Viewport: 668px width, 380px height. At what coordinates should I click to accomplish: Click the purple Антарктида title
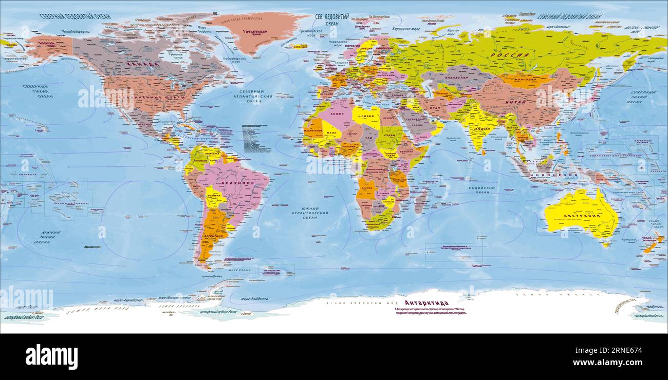[426, 303]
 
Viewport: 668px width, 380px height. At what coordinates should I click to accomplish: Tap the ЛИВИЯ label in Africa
[366, 117]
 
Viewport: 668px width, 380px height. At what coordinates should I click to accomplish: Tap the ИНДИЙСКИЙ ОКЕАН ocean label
[481, 190]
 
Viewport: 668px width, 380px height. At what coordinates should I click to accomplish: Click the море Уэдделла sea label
[254, 298]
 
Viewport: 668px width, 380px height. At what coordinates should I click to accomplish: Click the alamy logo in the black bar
[52, 356]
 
